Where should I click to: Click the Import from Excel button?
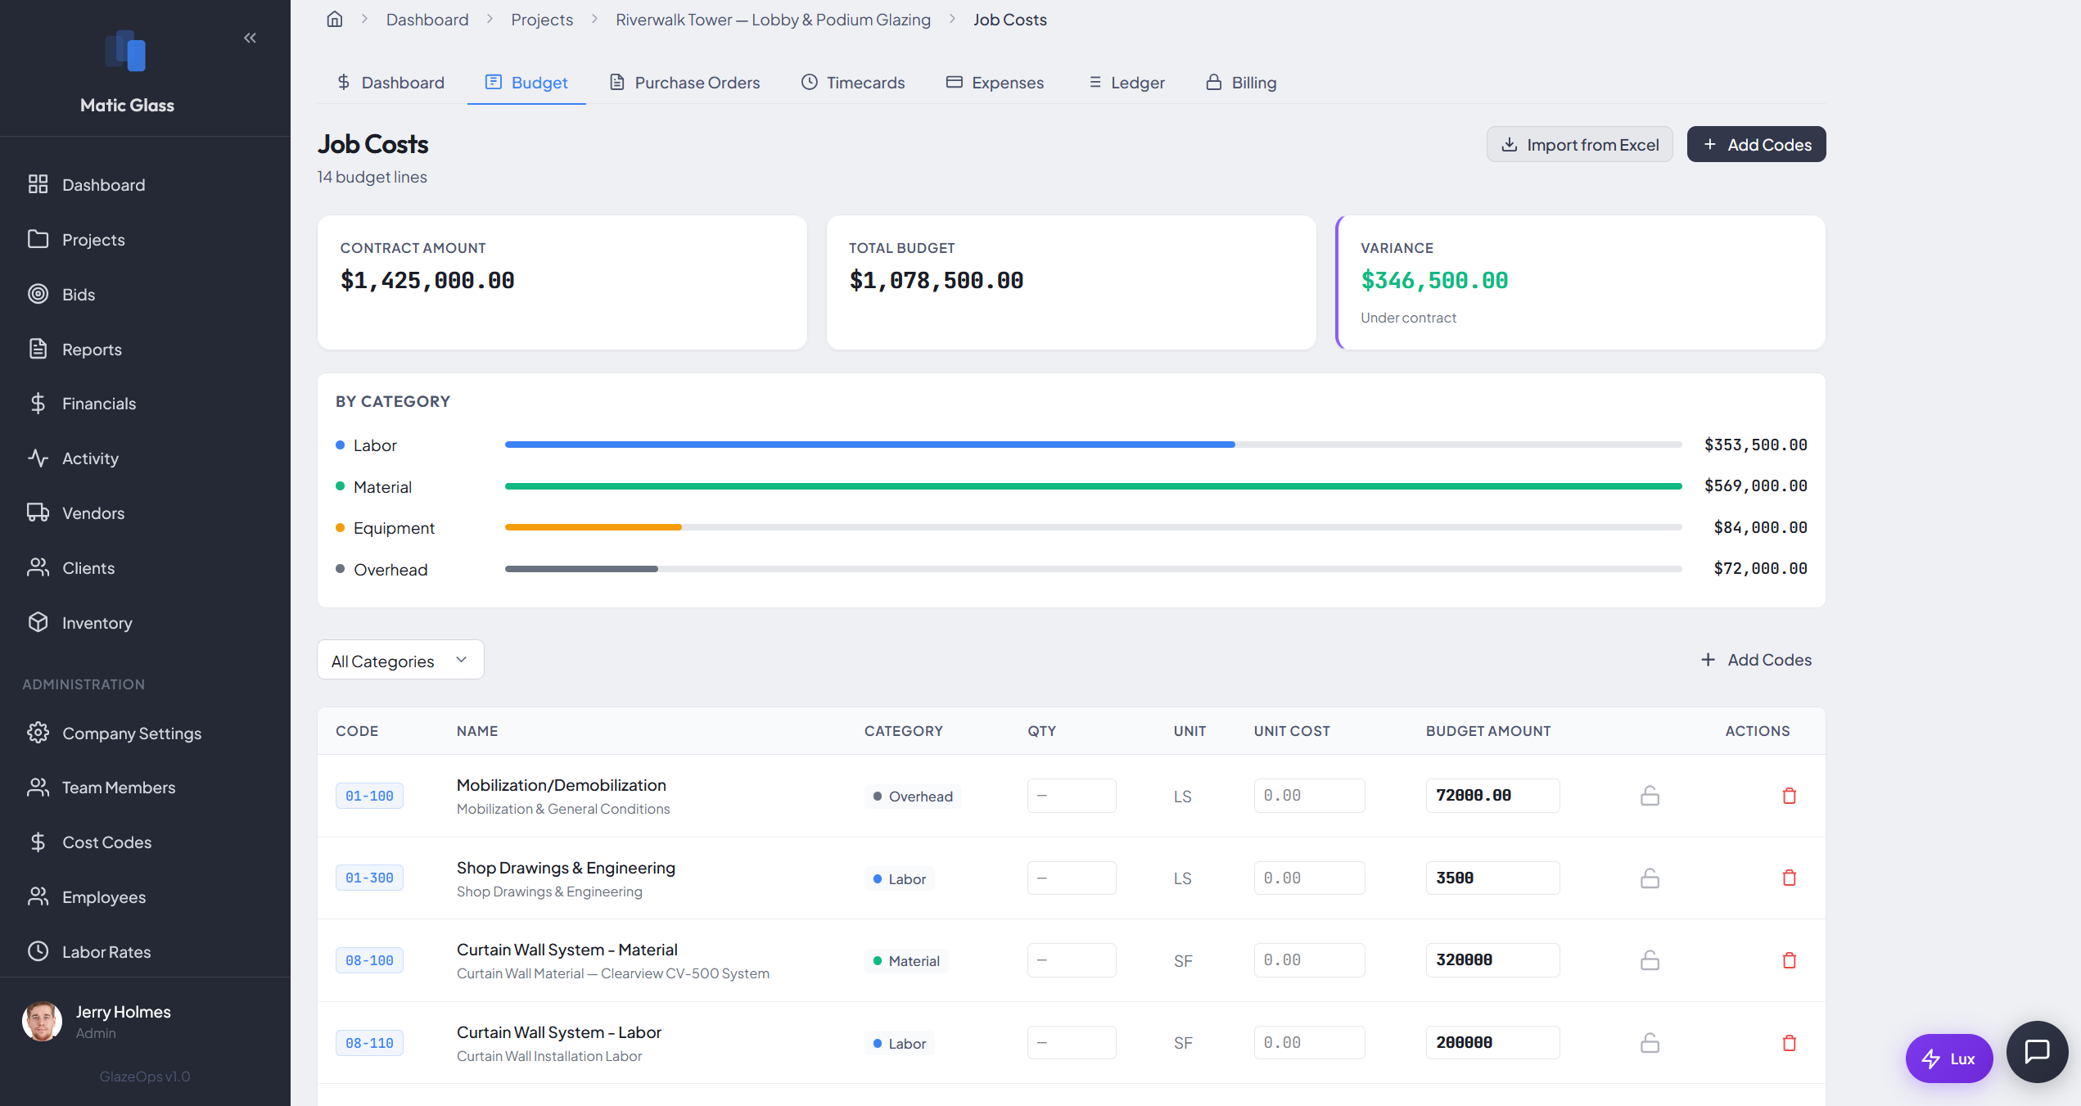click(x=1579, y=145)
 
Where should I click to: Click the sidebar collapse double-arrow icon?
click(x=250, y=38)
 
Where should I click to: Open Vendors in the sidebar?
click(x=93, y=513)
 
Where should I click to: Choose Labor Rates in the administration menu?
click(x=106, y=952)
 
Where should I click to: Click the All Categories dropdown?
click(x=399, y=661)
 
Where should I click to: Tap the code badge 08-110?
click(x=369, y=1043)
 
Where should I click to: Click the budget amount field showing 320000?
click(x=1492, y=960)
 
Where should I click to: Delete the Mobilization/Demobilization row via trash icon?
click(x=1789, y=796)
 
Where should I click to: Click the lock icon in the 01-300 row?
click(x=1650, y=878)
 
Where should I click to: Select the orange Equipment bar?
click(x=593, y=527)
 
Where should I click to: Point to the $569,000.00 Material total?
click(x=1755, y=486)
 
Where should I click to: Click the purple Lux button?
click(x=1948, y=1059)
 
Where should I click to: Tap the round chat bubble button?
click(x=2036, y=1051)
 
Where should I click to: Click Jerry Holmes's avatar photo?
click(x=42, y=1022)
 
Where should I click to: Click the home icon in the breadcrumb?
click(x=335, y=20)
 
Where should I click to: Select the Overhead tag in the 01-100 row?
click(x=913, y=797)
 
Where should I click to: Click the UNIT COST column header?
click(x=1291, y=731)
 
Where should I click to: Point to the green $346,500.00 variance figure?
click(x=1433, y=281)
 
